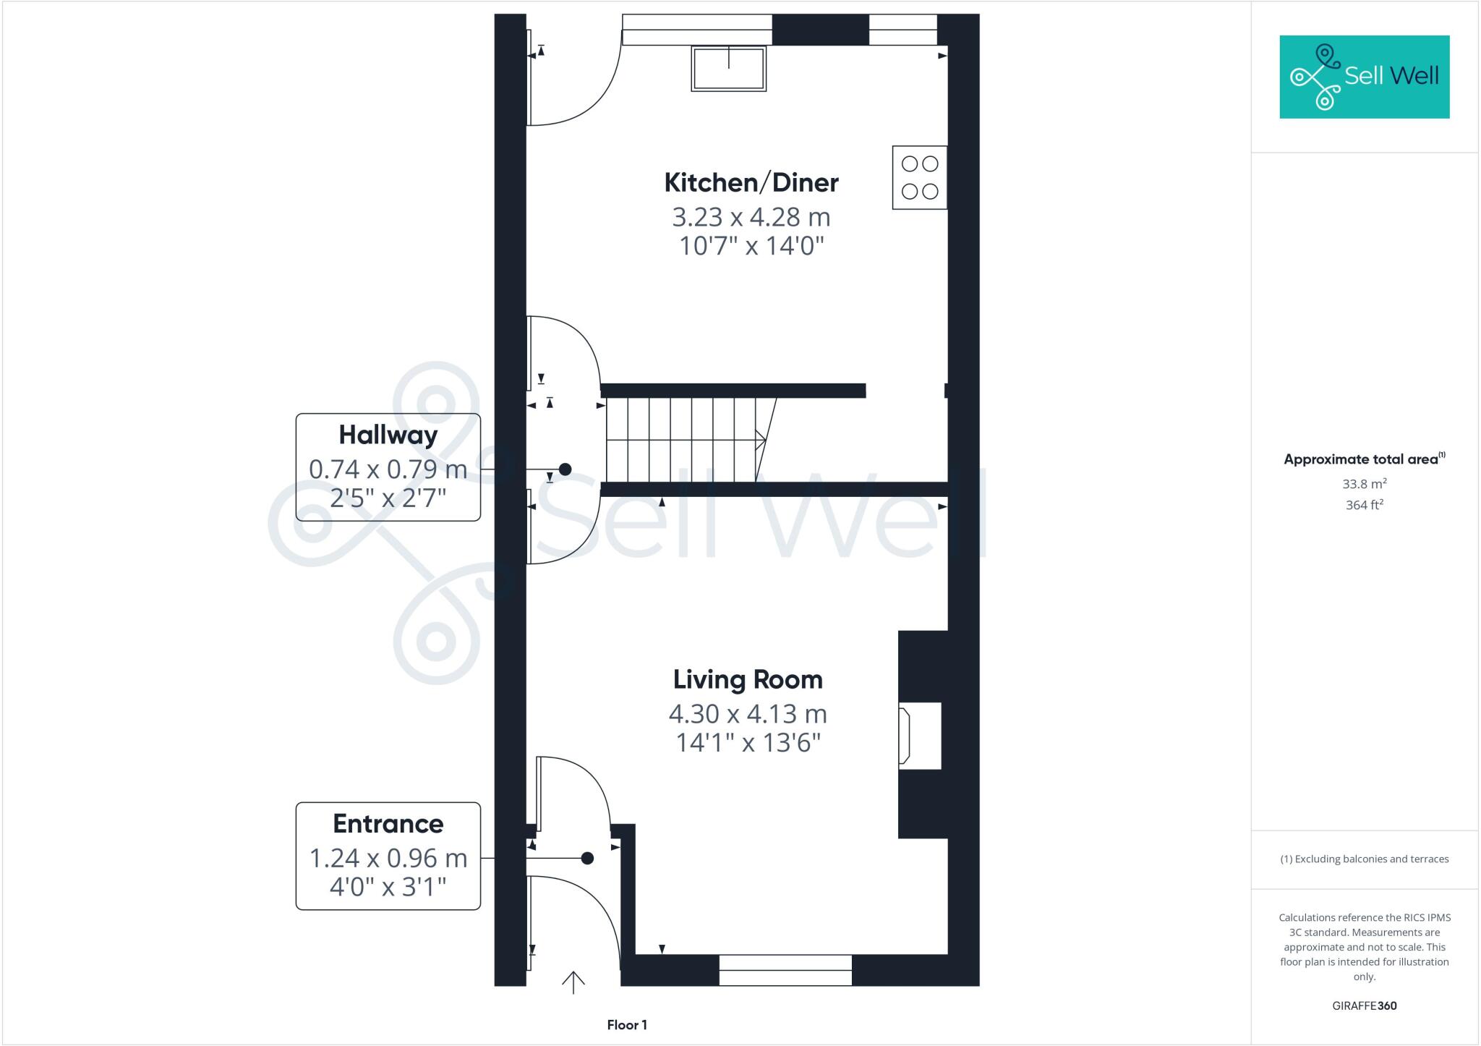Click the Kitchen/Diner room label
(x=751, y=183)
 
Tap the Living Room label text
(x=748, y=680)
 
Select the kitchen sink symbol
(x=728, y=69)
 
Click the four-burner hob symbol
(x=919, y=177)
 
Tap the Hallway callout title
(x=388, y=435)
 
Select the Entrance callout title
(x=388, y=824)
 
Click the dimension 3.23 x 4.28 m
(x=751, y=217)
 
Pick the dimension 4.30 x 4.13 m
(x=748, y=714)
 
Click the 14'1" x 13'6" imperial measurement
(x=748, y=743)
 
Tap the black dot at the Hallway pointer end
(x=565, y=469)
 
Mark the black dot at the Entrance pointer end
(x=587, y=858)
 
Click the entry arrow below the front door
(x=573, y=982)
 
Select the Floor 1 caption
(x=627, y=1025)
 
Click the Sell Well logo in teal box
(x=1364, y=77)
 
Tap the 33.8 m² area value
(x=1364, y=484)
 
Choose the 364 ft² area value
(x=1364, y=505)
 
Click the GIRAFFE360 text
(x=1364, y=1005)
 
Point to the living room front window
(x=785, y=970)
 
